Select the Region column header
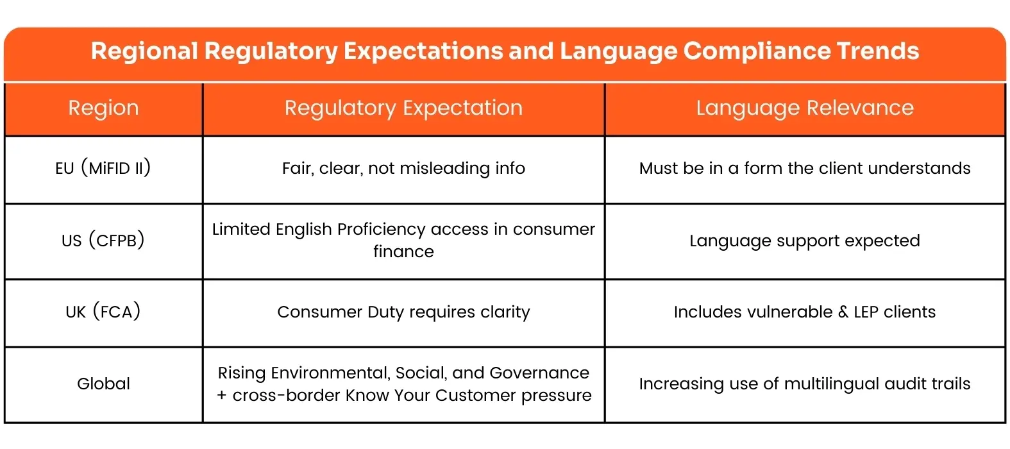pos(103,108)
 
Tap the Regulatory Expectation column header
pos(403,108)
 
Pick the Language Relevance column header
pos(805,108)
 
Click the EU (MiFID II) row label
pos(103,168)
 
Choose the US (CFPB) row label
pos(103,241)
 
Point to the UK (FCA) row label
pos(103,312)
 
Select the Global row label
pos(103,384)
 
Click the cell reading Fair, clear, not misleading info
pos(403,168)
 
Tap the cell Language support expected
pos(805,241)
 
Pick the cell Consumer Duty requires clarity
pos(403,312)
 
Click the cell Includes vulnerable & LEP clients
pos(805,312)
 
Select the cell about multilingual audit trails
pos(805,384)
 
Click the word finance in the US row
pos(403,251)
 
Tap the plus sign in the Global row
pos(222,395)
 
